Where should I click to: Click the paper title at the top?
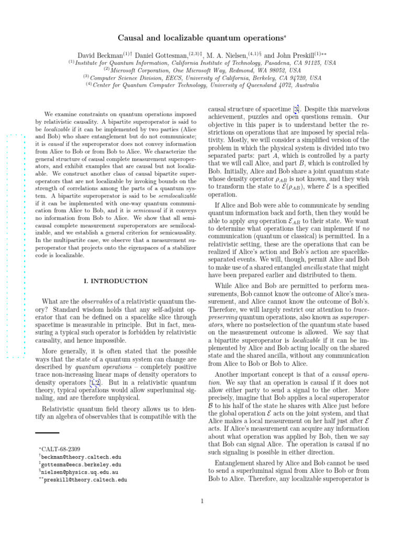pyautogui.click(x=201, y=38)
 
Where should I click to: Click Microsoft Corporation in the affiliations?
pyautogui.click(x=138, y=70)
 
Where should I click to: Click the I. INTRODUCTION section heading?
pyautogui.click(x=116, y=281)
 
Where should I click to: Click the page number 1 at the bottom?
pyautogui.click(x=202, y=502)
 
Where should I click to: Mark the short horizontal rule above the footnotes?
pyautogui.click(x=47, y=433)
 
